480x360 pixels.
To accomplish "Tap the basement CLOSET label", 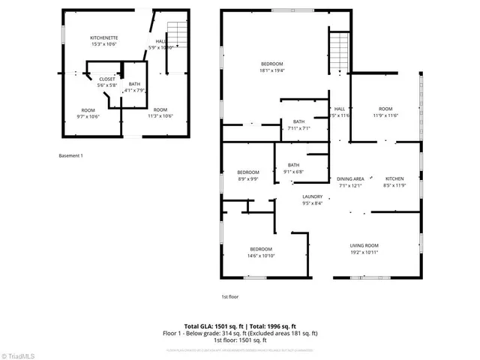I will pyautogui.click(x=106, y=81).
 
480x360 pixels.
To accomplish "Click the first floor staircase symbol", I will pyautogui.click(x=340, y=52).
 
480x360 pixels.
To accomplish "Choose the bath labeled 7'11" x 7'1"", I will pyautogui.click(x=299, y=124).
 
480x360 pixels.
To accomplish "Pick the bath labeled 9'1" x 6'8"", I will pyautogui.click(x=293, y=168).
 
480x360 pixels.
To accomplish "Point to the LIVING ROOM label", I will pyautogui.click(x=365, y=248).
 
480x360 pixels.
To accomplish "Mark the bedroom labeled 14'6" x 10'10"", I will pyautogui.click(x=261, y=252).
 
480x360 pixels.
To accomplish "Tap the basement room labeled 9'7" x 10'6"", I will pyautogui.click(x=88, y=113).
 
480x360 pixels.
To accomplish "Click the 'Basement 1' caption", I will pyautogui.click(x=70, y=155).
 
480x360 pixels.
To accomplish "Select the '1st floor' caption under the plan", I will pyautogui.click(x=229, y=297).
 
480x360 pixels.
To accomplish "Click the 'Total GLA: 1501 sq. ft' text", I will pyautogui.click(x=213, y=326).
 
